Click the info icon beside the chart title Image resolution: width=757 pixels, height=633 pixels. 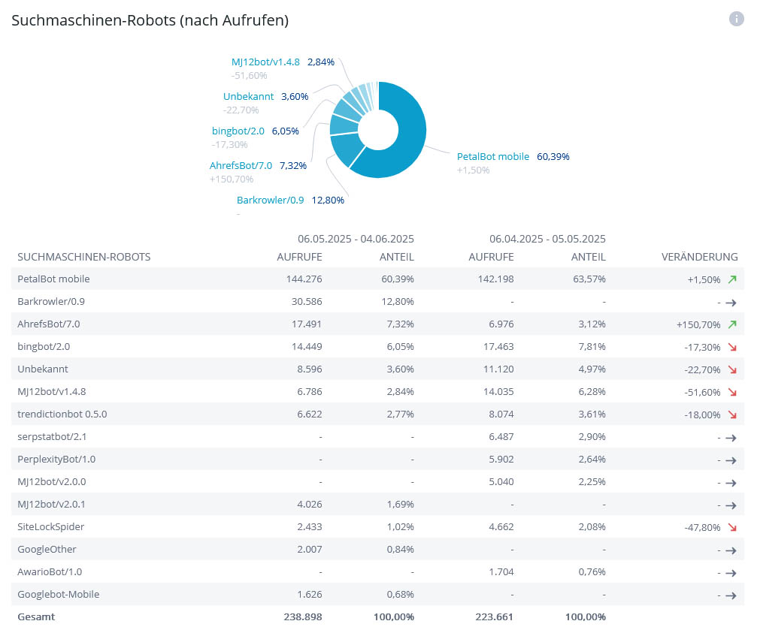pos(736,20)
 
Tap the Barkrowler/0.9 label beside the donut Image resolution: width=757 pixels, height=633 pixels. pos(271,200)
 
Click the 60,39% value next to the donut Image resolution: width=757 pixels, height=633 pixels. pos(553,157)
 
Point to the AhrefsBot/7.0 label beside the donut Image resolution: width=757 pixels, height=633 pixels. pos(241,165)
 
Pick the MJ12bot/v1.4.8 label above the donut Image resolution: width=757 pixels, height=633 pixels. pos(265,62)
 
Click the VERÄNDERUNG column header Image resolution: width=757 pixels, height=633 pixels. pos(699,257)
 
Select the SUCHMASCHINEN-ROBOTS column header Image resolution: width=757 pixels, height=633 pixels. pos(84,257)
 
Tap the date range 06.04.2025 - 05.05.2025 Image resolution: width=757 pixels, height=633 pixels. pos(547,239)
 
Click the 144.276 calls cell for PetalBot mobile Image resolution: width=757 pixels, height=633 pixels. pos(301,279)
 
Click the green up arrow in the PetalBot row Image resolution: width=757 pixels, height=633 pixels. pos(732,279)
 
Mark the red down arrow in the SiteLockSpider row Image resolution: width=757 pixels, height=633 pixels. pos(732,527)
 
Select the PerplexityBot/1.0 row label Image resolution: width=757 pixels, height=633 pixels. pos(56,460)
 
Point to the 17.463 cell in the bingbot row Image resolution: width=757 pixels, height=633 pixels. pos(496,347)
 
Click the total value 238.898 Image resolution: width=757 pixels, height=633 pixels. pos(301,617)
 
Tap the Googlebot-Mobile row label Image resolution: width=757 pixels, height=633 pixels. pos(58,595)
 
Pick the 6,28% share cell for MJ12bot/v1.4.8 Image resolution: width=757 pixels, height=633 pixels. pos(590,392)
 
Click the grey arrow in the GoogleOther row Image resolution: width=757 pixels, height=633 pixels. pos(730,550)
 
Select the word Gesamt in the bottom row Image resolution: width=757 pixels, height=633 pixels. pos(36,617)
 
